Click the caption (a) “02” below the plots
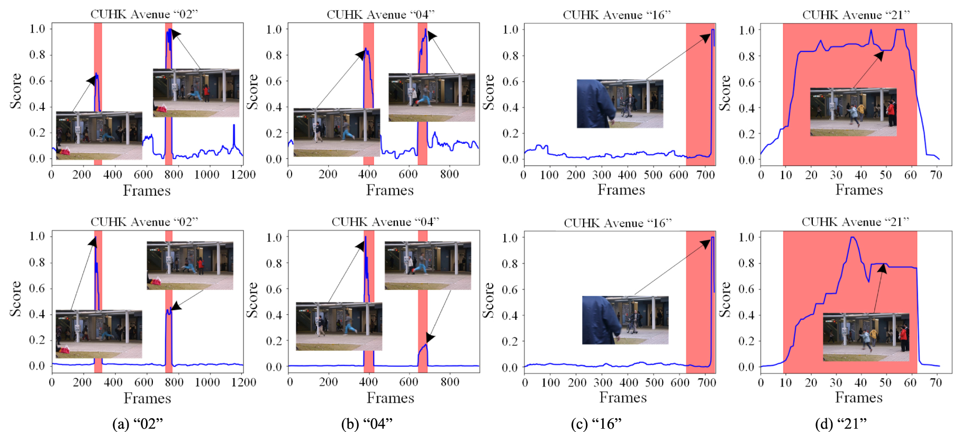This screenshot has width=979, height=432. click(137, 424)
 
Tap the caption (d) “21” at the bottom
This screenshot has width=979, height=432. click(840, 424)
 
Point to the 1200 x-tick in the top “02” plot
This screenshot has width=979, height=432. click(243, 174)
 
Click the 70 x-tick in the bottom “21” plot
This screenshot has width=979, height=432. click(936, 382)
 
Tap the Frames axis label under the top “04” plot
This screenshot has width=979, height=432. click(389, 190)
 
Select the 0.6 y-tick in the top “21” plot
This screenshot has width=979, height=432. click(746, 82)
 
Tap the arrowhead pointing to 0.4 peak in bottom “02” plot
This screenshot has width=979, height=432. click(176, 306)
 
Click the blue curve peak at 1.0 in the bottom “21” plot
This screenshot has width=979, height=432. click(852, 237)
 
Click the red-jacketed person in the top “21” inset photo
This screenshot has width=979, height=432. click(891, 113)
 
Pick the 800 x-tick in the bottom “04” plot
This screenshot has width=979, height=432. click(450, 382)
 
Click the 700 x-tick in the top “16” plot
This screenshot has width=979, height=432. click(705, 174)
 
